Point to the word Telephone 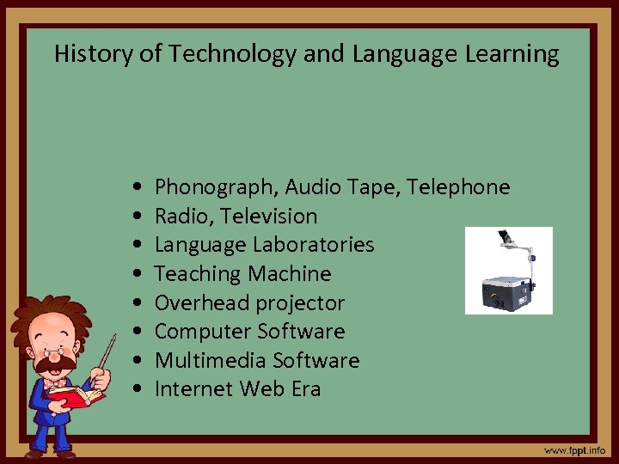(458, 187)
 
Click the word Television (267, 216)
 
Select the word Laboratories (314, 245)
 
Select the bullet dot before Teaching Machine (138, 274)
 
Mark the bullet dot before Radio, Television (138, 217)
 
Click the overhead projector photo (508, 271)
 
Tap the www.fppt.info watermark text (574, 450)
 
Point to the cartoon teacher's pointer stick (107, 351)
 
